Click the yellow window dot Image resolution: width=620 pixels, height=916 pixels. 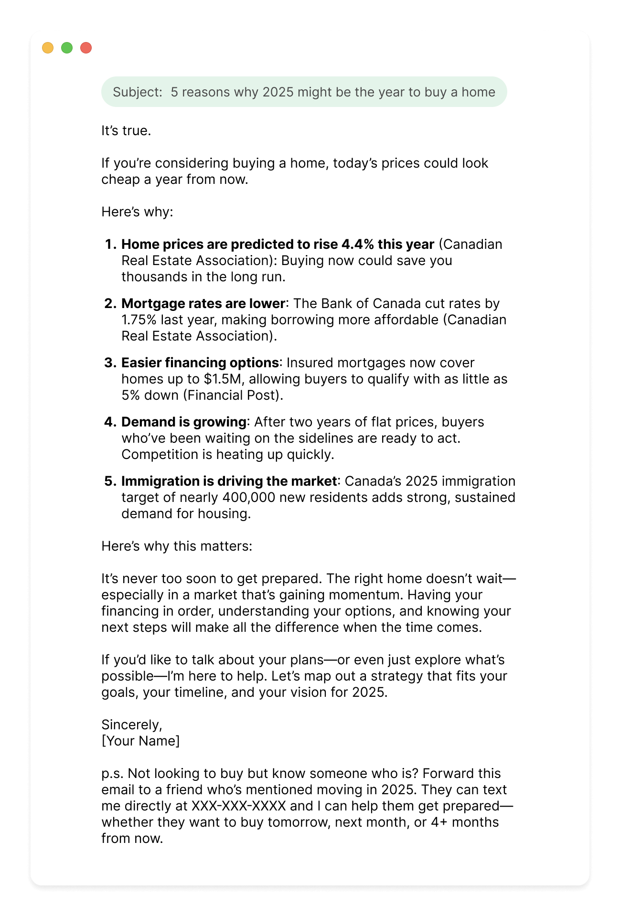tap(48, 48)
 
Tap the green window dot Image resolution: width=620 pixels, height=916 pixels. tap(67, 48)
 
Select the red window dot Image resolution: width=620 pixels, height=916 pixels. tap(86, 48)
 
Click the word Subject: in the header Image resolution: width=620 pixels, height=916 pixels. tap(138, 92)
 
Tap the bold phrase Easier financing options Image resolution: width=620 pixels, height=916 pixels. tap(200, 362)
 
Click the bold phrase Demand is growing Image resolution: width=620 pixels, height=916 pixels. tap(183, 422)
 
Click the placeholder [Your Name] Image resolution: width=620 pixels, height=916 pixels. tap(140, 741)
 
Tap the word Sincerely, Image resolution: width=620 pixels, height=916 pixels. tap(132, 724)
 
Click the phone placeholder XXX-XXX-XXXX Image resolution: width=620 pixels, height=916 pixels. tap(238, 806)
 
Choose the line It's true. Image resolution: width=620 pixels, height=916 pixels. tap(126, 130)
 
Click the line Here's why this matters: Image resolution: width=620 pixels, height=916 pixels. tap(177, 546)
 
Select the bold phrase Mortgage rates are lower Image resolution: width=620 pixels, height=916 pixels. tap(203, 303)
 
